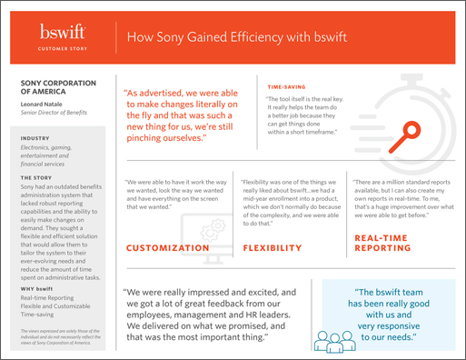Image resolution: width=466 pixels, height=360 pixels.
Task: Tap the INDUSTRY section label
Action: [35, 138]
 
